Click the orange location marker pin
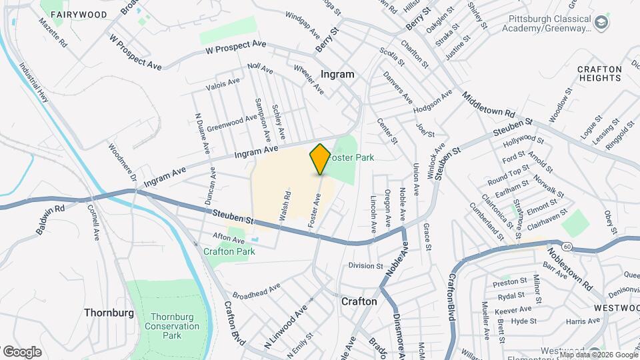[320, 159]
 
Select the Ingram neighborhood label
[337, 74]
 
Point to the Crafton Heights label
[599, 73]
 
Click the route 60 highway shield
[566, 247]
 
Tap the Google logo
[22, 351]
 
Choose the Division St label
[365, 265]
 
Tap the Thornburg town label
[109, 312]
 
